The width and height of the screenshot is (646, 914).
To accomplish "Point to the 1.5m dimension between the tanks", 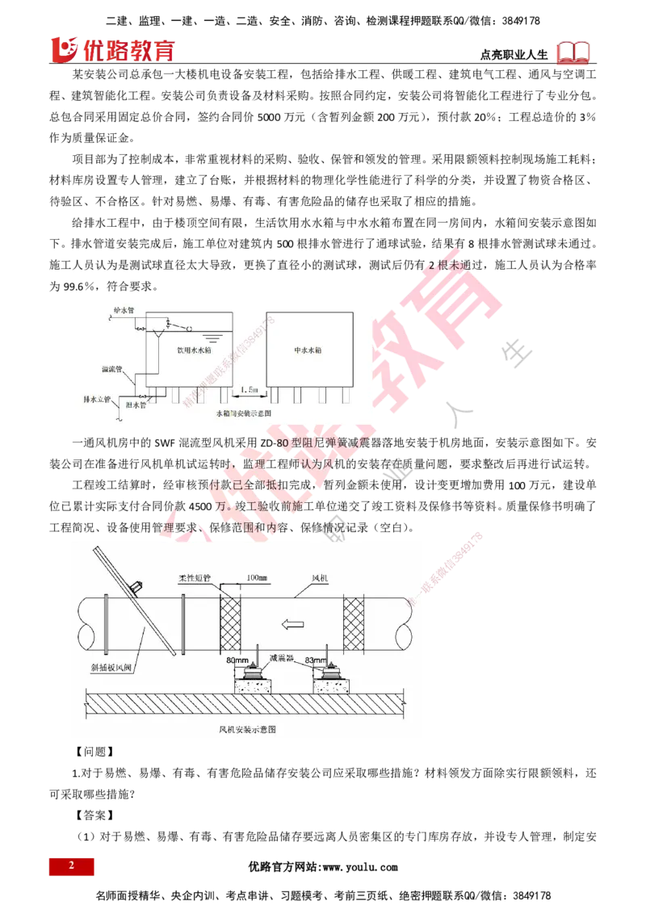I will tap(249, 389).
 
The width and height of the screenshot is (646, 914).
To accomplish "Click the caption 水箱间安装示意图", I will tap(243, 413).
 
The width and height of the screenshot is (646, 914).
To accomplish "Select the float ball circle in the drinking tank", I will tap(187, 329).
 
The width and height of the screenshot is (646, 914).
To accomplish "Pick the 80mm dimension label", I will tap(239, 660).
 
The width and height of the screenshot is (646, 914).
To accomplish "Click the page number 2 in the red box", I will tap(71, 866).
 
